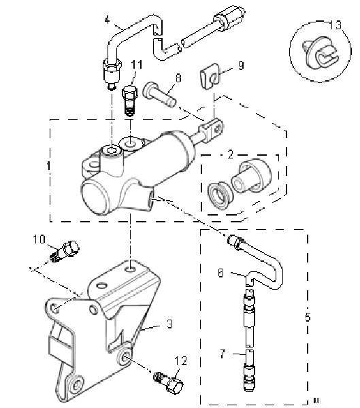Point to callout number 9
pyautogui.click(x=240, y=66)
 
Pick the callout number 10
pyautogui.click(x=39, y=239)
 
